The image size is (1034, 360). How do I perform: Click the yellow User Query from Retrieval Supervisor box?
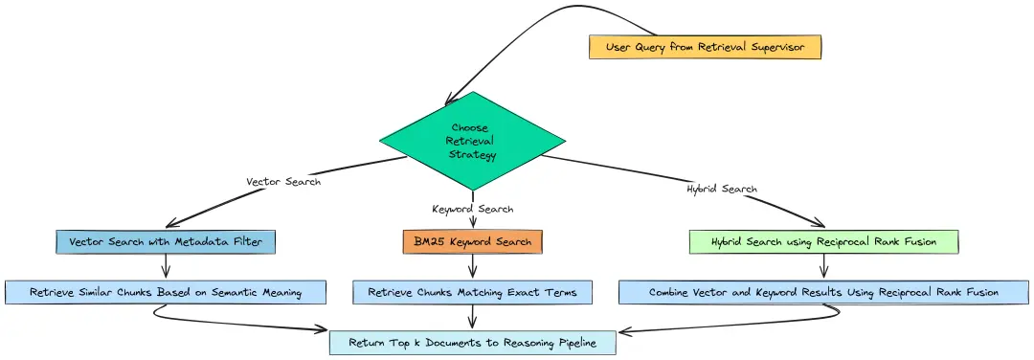705,46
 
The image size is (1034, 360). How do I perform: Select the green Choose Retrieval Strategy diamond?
471,142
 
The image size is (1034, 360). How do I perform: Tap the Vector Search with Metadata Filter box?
166,241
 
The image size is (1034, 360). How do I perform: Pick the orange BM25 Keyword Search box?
473,241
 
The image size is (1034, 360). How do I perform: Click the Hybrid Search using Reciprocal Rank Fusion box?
823,241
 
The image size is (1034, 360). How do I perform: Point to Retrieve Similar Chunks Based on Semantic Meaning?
166,292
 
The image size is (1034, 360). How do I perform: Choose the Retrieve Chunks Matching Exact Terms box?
473,292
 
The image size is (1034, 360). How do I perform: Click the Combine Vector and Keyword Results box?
823,292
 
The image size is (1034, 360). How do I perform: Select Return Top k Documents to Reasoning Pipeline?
473,342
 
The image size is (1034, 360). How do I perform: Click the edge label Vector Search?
283,181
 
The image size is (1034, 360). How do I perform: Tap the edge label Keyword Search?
473,209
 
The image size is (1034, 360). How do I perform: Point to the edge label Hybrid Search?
722,189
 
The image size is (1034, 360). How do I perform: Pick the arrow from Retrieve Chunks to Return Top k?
473,318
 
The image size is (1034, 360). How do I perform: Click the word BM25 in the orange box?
427,241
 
